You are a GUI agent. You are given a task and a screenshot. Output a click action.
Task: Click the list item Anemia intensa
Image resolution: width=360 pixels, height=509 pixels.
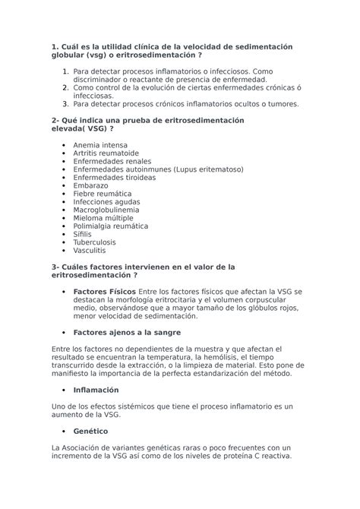[x=99, y=144]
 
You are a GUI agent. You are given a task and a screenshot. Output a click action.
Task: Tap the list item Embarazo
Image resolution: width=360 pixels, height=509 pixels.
[x=90, y=185]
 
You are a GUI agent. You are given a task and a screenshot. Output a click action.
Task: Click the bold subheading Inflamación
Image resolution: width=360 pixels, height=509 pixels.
[x=97, y=389]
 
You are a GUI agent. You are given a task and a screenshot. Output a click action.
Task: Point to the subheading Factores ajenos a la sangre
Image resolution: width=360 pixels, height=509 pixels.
[x=126, y=332]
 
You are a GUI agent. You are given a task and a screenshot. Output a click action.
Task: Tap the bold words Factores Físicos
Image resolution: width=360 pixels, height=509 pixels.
[x=104, y=292]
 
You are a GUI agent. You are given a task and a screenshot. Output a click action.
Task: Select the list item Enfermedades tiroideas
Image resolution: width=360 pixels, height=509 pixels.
[x=114, y=175]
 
